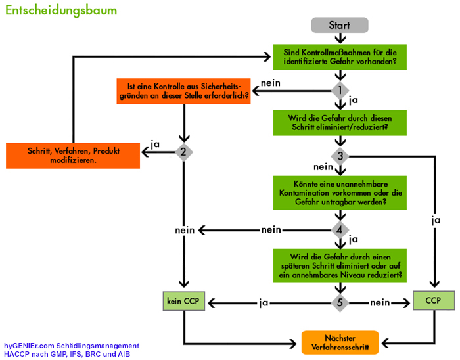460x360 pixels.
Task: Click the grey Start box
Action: pos(339,25)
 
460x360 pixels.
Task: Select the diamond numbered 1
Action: pos(340,89)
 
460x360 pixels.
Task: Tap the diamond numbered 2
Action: pos(183,152)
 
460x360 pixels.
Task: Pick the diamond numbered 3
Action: pos(340,156)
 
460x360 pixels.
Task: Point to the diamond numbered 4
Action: pos(340,229)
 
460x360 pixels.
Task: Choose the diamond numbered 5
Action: pos(340,303)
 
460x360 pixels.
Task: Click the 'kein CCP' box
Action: pos(183,302)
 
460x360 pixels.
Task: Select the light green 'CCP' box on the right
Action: pos(433,301)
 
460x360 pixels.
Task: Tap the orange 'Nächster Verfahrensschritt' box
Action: pos(340,342)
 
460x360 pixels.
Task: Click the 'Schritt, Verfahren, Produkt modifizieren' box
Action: pos(72,156)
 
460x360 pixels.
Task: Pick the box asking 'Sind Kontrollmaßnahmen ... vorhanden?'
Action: pos(340,57)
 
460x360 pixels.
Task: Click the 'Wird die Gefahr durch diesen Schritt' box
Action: pos(340,122)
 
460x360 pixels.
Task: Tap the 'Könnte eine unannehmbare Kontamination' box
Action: pos(340,192)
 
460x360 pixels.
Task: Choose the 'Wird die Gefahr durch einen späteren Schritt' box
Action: pos(340,265)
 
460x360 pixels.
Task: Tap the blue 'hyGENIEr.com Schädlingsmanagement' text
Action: pos(71,346)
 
